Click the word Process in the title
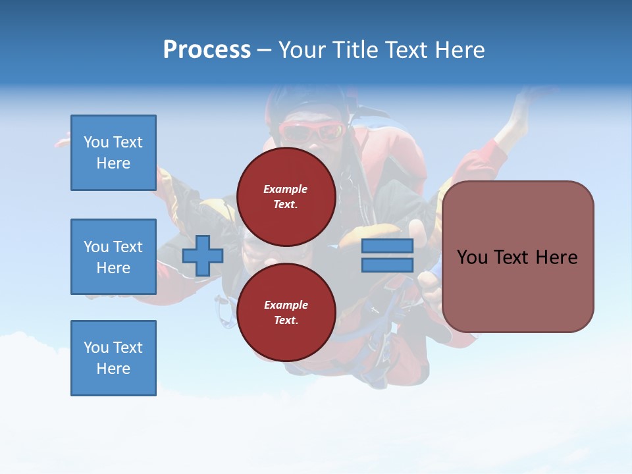point(207,50)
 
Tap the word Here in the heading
point(459,50)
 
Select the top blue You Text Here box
point(113,153)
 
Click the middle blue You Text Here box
point(113,257)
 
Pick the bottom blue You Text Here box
point(113,358)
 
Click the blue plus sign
point(202,256)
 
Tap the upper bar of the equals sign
point(387,246)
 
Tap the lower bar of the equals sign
point(387,265)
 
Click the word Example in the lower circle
point(286,305)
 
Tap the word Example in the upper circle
point(286,189)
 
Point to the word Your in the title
point(301,50)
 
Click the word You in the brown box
point(473,257)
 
